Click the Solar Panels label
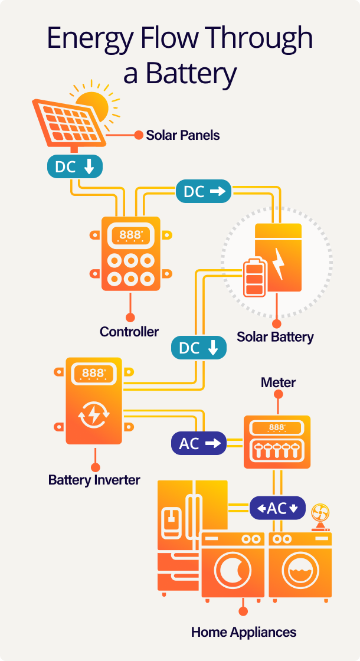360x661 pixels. [x=182, y=135]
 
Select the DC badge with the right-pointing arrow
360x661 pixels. [x=203, y=191]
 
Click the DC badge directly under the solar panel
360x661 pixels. [x=74, y=166]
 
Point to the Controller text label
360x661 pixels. [x=129, y=332]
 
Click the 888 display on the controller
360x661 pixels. [x=130, y=235]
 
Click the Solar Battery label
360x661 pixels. [x=275, y=337]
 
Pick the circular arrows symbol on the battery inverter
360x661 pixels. [x=93, y=415]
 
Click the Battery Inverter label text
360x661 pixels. [x=94, y=479]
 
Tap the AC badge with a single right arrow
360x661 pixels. [x=199, y=444]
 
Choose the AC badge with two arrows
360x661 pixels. [x=277, y=508]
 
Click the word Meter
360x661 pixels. [x=278, y=382]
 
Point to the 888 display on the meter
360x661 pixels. [x=277, y=427]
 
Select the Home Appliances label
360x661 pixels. [x=243, y=632]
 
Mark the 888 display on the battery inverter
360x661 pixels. [x=93, y=373]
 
